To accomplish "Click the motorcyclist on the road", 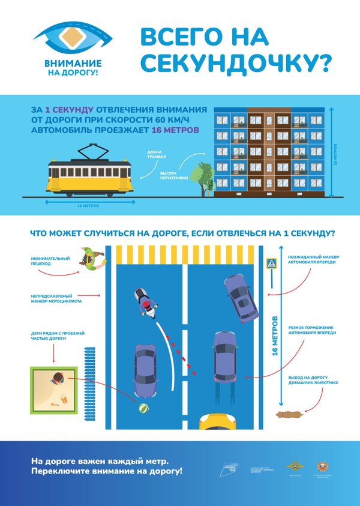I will pyautogui.click(x=145, y=304).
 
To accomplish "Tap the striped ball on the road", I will pyautogui.click(x=144, y=409).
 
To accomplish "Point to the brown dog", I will pyautogui.click(x=291, y=414).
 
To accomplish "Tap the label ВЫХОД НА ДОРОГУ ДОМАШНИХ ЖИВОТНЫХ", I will pyautogui.click(x=313, y=380).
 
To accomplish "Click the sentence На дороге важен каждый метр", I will pyautogui.click(x=100, y=460).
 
